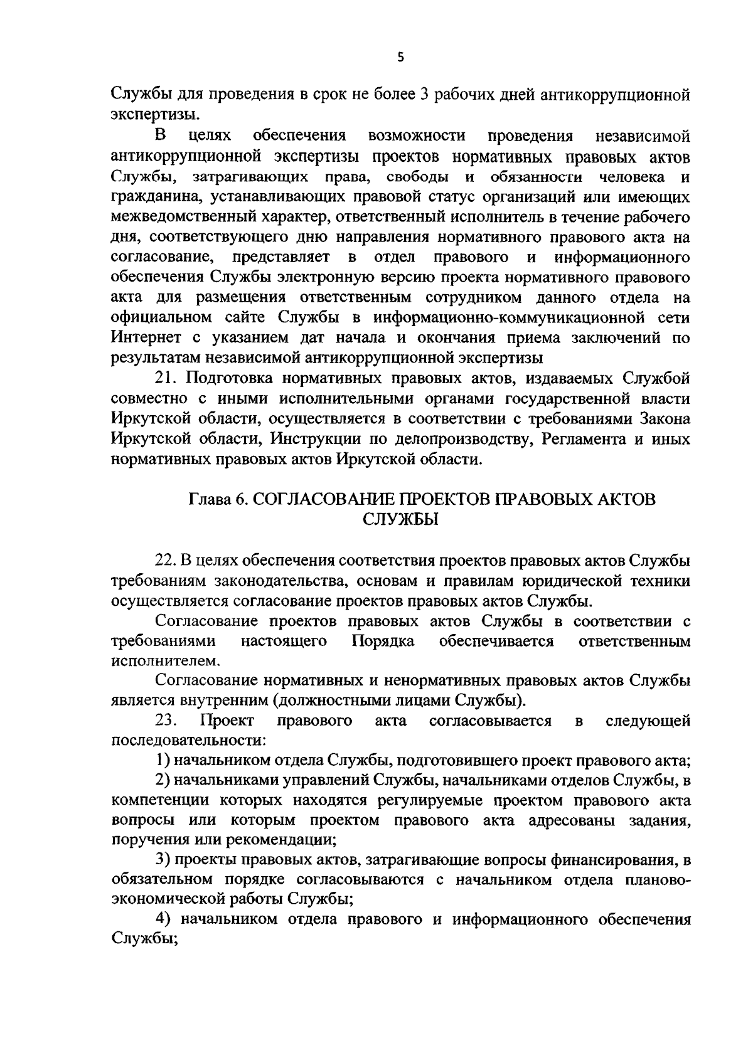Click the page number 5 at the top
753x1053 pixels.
[x=401, y=58]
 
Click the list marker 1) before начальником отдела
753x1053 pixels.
[x=163, y=761]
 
